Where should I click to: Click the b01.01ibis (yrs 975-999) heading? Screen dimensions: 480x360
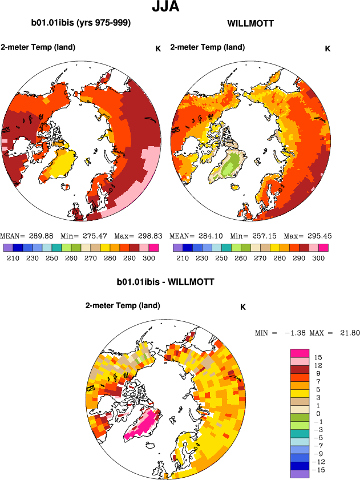pos(81,23)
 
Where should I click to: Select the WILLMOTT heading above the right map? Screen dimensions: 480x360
pos(250,24)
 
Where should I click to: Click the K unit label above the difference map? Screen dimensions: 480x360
pos(242,307)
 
